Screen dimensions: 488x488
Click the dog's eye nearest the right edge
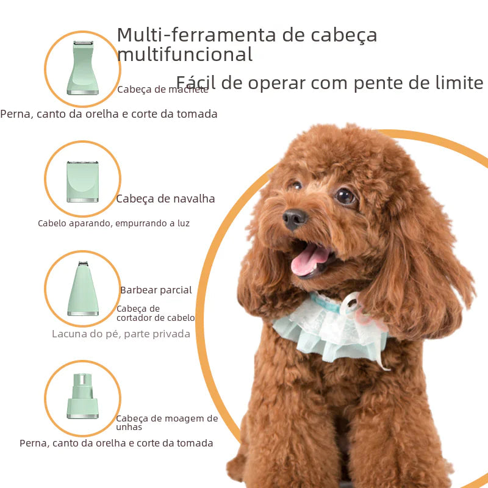[345, 196]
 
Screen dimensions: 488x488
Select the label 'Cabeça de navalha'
[165, 198]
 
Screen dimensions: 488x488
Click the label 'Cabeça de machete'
[163, 90]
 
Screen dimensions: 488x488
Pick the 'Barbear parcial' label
[156, 290]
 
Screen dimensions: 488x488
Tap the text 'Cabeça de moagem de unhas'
[167, 422]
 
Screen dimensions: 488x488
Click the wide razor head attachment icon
[82, 181]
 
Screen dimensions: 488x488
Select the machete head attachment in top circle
[82, 68]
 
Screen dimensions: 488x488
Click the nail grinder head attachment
[82, 396]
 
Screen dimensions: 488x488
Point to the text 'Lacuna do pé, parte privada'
[121, 334]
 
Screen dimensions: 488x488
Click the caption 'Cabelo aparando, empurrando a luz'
[113, 223]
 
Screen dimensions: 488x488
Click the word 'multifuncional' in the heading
[184, 55]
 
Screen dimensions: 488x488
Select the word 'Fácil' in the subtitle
[195, 82]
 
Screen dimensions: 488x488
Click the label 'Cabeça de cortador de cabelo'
[156, 313]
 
